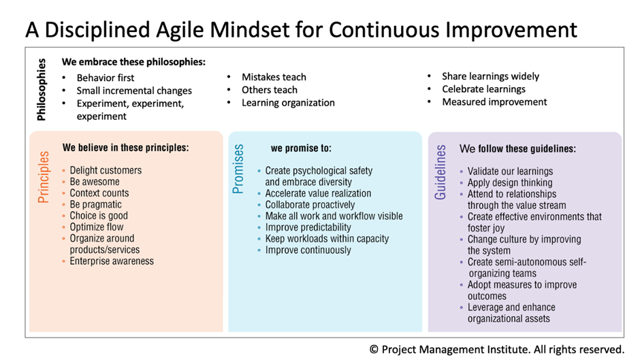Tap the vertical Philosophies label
click(42, 89)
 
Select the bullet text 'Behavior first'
click(106, 78)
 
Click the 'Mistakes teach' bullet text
click(274, 77)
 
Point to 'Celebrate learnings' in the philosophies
click(483, 89)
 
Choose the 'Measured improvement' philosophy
click(494, 102)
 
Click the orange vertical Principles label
click(44, 177)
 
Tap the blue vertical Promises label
click(238, 169)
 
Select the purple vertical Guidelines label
click(440, 172)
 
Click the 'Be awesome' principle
click(95, 182)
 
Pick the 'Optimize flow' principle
click(96, 227)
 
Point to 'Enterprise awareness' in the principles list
click(112, 261)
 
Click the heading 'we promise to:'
click(301, 148)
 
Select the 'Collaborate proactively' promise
click(310, 205)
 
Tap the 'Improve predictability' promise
click(308, 227)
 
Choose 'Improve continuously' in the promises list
click(308, 250)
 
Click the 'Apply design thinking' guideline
click(510, 183)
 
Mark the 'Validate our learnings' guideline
click(510, 171)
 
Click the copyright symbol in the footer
click(374, 350)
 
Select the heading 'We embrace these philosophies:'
click(134, 62)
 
